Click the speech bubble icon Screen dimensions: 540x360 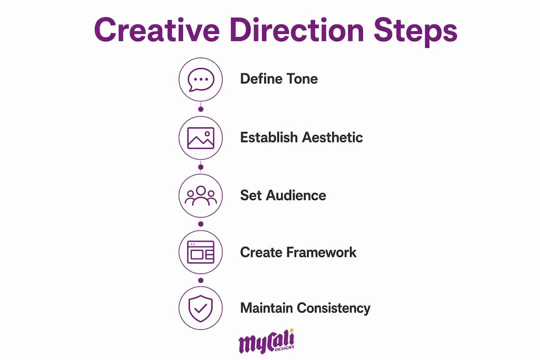click(201, 79)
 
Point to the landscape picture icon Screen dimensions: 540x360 click(201, 138)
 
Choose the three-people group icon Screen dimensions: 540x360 click(201, 195)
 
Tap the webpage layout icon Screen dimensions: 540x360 click(201, 252)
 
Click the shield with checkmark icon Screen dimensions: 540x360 click(201, 308)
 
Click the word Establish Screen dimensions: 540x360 click(268, 137)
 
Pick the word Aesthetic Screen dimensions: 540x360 click(332, 137)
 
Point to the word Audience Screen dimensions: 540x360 click(296, 195)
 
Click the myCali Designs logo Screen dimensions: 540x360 click(266, 341)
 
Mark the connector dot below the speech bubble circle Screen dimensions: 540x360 click(201, 109)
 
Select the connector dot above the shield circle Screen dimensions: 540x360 click(201, 280)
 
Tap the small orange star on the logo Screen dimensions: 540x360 click(291, 330)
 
